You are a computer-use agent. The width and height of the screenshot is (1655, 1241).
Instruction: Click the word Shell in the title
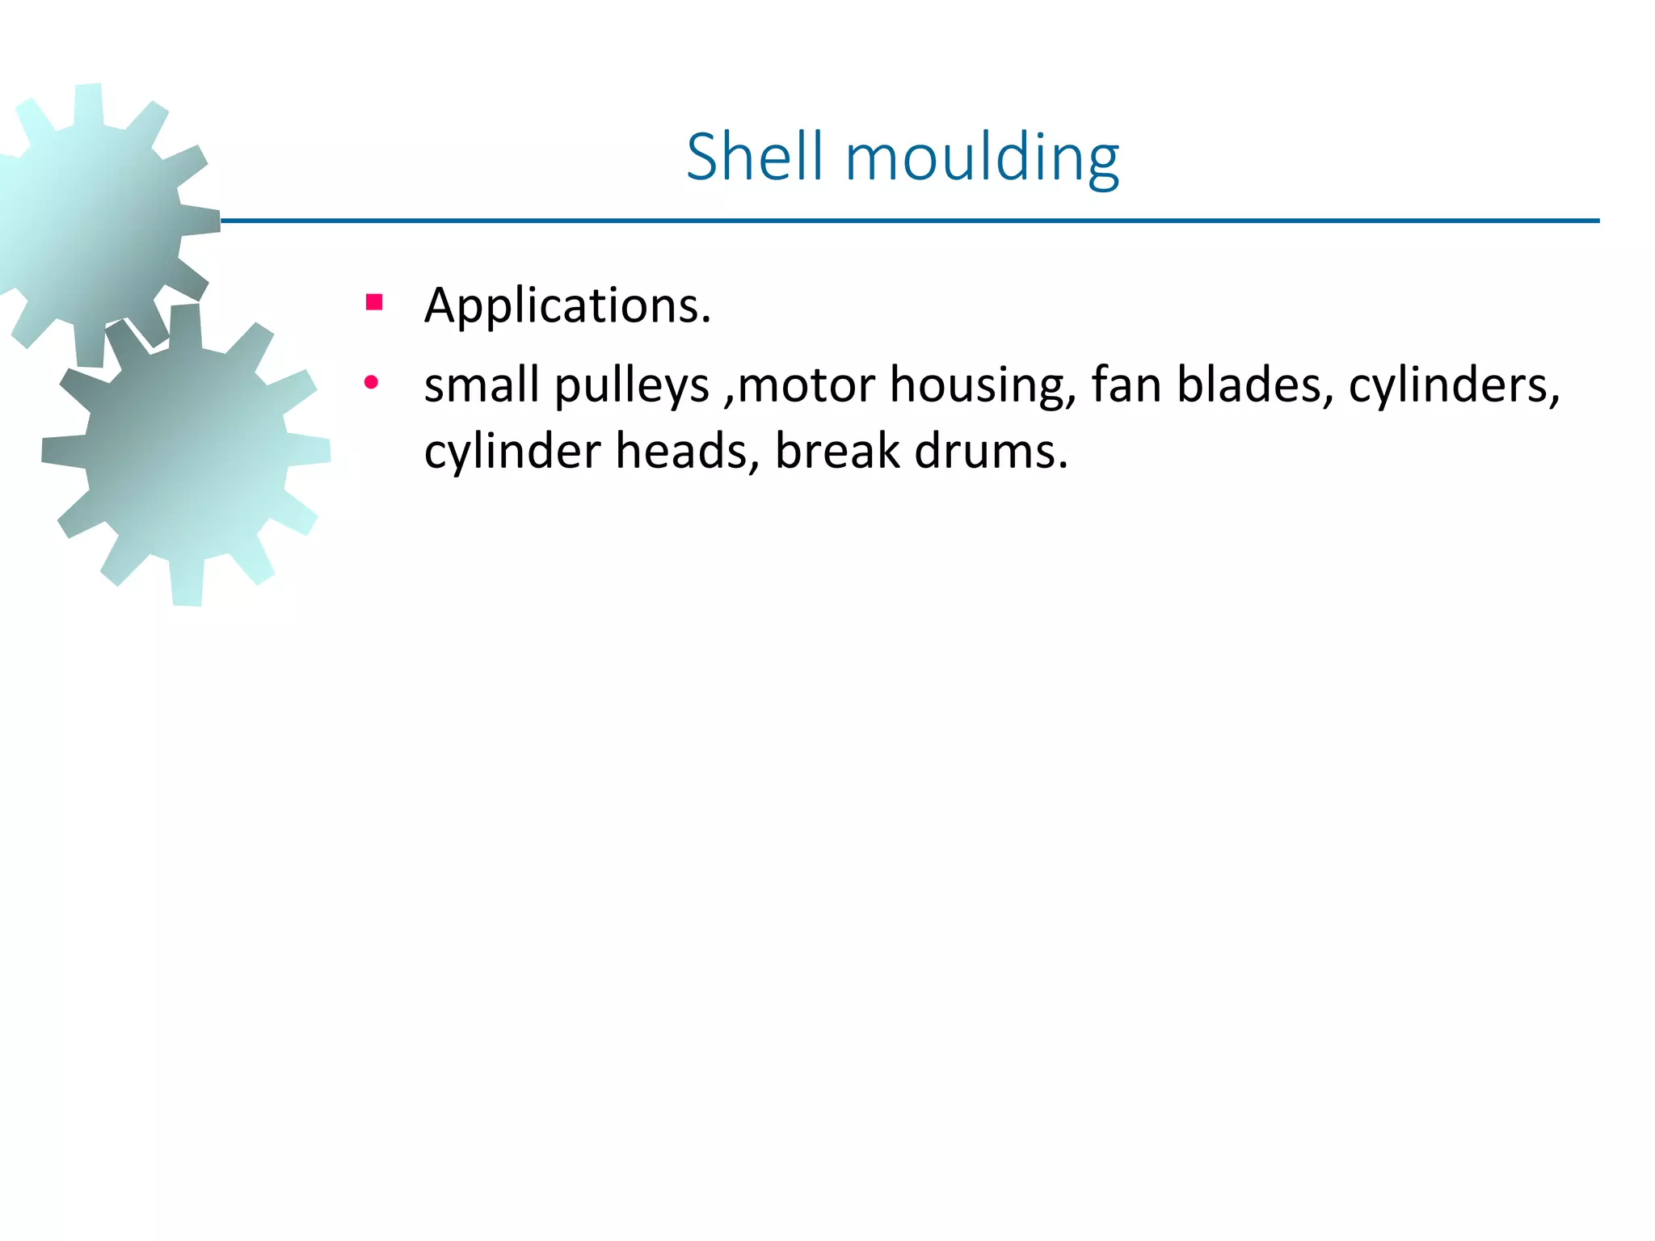[754, 157]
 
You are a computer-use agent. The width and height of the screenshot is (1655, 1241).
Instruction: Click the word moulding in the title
[982, 158]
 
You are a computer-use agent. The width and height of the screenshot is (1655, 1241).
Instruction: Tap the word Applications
[567, 305]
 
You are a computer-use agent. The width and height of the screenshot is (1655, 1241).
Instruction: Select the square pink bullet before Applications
[373, 303]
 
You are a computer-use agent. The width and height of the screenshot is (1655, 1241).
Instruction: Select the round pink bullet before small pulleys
[371, 383]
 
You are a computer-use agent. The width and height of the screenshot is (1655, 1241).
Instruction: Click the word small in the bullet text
[482, 385]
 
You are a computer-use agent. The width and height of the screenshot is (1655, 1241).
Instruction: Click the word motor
[806, 385]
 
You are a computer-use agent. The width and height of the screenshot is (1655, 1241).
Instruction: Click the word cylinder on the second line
[512, 452]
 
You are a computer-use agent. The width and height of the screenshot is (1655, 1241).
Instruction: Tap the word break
[837, 451]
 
